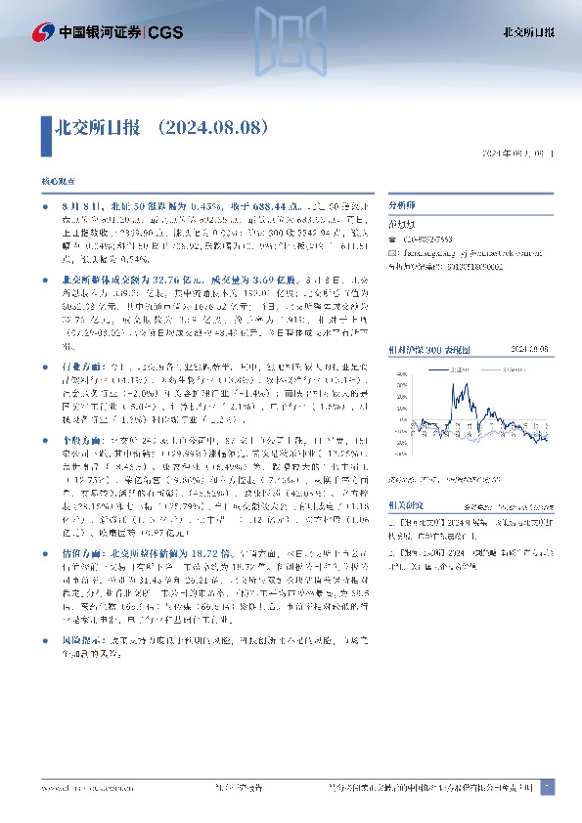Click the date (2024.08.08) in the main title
[x=211, y=127]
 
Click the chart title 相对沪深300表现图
[x=431, y=320]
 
